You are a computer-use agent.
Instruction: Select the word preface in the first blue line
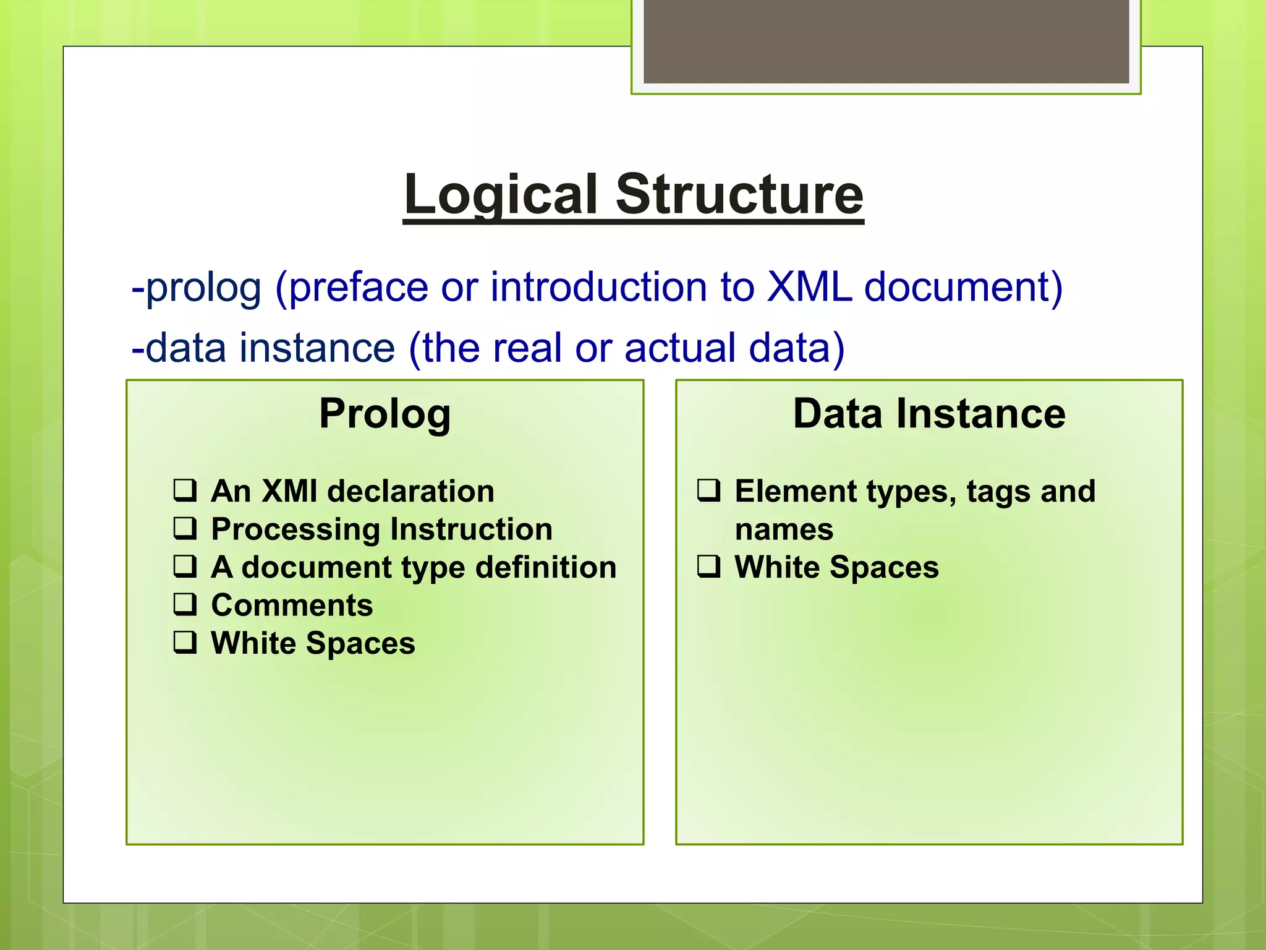tap(359, 289)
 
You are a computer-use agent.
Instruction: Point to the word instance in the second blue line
tap(317, 348)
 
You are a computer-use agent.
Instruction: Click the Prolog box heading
tap(384, 414)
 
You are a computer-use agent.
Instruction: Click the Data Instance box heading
tap(929, 414)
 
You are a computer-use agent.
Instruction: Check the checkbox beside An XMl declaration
tap(185, 490)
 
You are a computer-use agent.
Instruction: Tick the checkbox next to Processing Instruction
tap(185, 529)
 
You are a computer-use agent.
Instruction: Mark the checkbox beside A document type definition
tap(185, 567)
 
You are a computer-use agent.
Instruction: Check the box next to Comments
tap(185, 604)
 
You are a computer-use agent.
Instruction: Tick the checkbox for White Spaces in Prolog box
tap(185, 643)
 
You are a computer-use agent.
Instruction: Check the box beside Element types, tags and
tap(708, 490)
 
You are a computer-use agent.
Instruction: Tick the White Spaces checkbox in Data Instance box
tap(708, 567)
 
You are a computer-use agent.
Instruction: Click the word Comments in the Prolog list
tap(292, 605)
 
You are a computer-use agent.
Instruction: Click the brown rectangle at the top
tap(886, 41)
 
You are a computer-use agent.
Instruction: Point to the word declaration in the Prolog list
tap(410, 491)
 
